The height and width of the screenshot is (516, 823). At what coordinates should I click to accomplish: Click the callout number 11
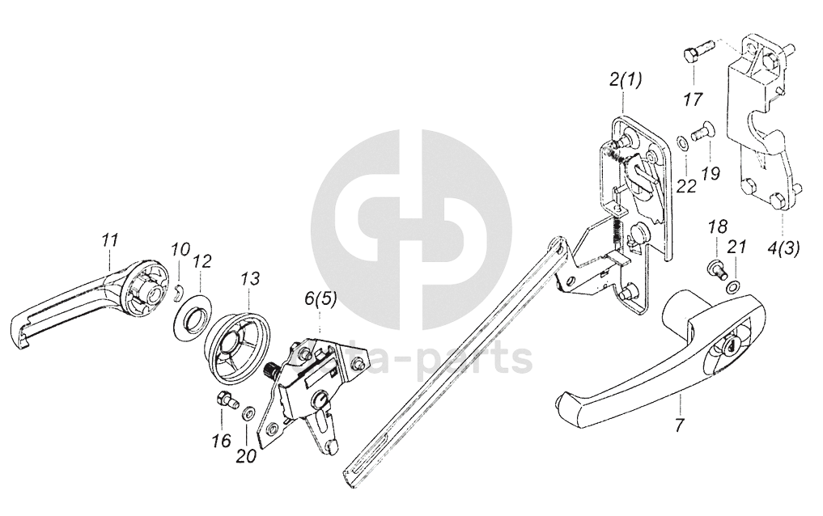pos(110,239)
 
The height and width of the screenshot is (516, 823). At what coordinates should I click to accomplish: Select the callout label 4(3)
pos(782,248)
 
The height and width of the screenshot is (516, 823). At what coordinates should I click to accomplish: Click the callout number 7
pos(679,425)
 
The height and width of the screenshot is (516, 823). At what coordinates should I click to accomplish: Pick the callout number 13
pos(250,278)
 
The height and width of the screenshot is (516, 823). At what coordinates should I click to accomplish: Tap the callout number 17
pos(693,99)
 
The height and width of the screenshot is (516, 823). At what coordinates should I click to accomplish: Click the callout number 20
pos(246,455)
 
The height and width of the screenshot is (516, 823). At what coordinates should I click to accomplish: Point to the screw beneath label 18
pos(714,268)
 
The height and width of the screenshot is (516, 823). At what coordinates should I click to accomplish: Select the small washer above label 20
pos(247,413)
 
